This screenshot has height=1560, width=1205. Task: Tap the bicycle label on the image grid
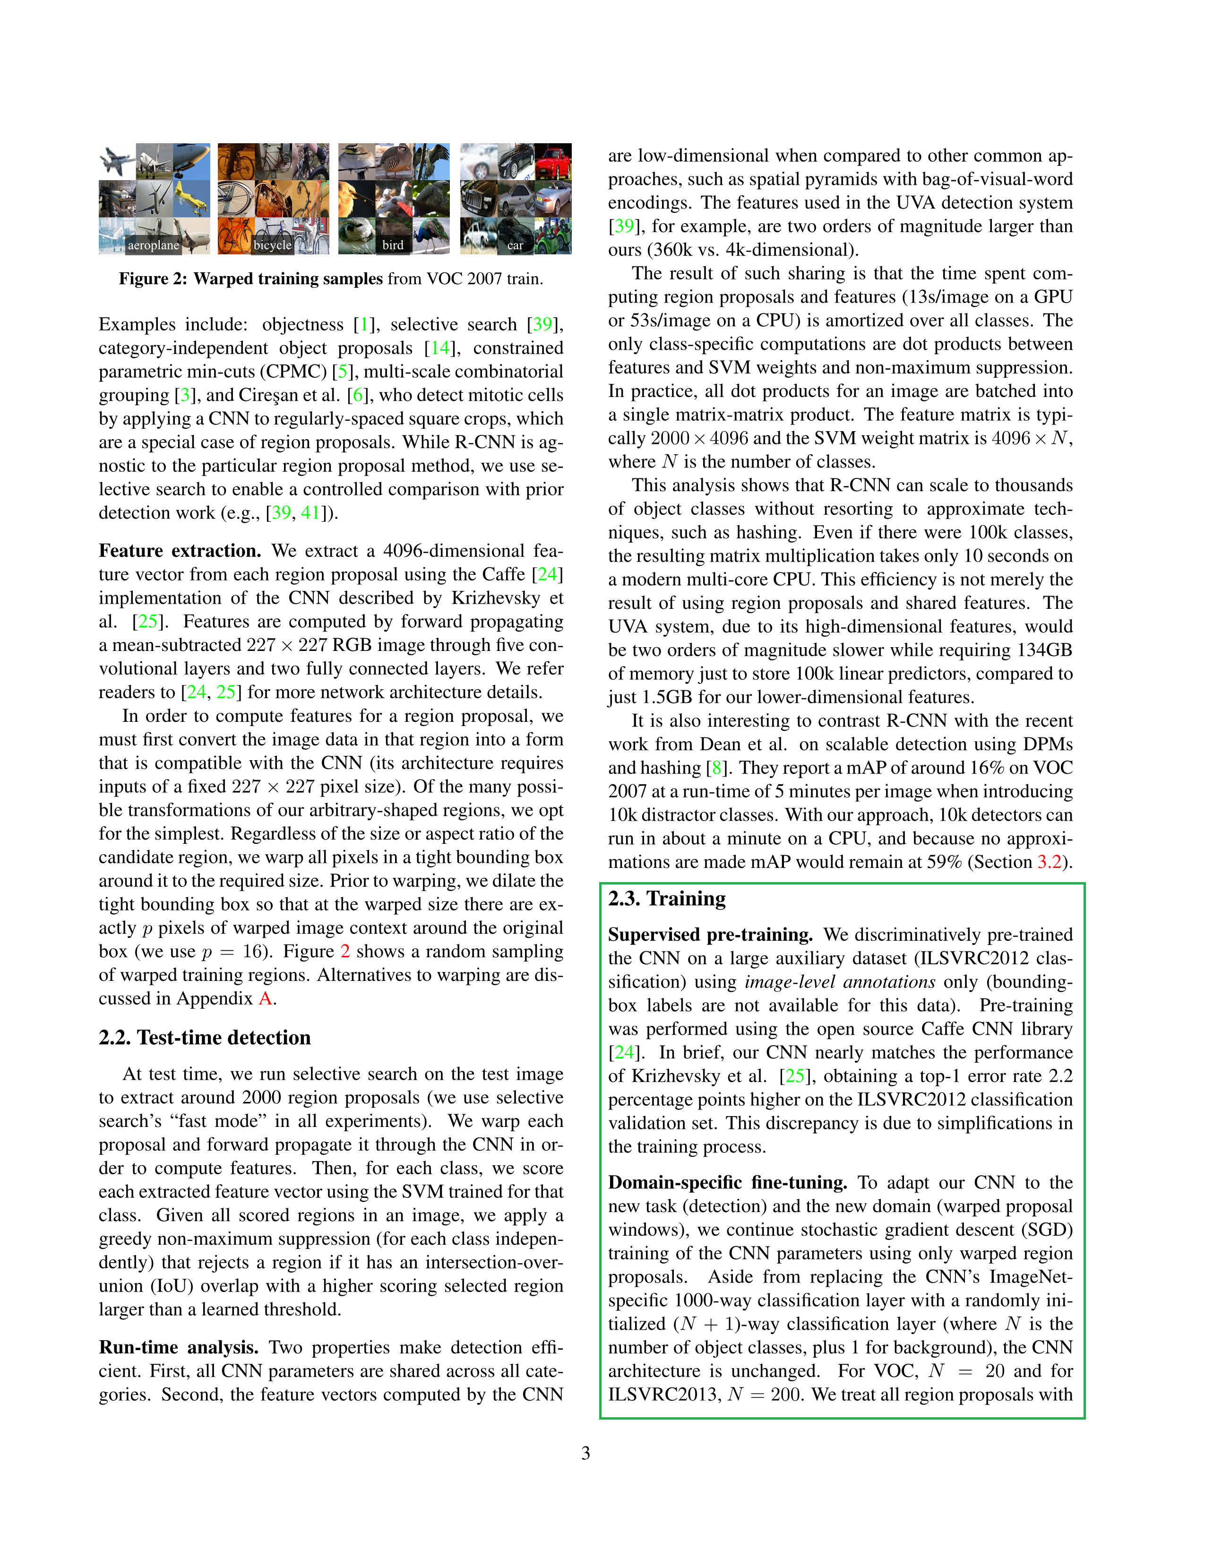272,245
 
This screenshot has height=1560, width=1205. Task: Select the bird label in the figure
393,245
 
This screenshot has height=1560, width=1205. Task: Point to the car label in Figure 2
515,245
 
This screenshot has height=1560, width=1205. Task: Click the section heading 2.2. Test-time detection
205,1037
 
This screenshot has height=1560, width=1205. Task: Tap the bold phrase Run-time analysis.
179,1347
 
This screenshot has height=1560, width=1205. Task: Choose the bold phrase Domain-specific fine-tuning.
727,1182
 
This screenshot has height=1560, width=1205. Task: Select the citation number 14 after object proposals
440,348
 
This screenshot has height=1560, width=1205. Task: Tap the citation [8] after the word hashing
716,768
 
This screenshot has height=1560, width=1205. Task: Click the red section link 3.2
1049,862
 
